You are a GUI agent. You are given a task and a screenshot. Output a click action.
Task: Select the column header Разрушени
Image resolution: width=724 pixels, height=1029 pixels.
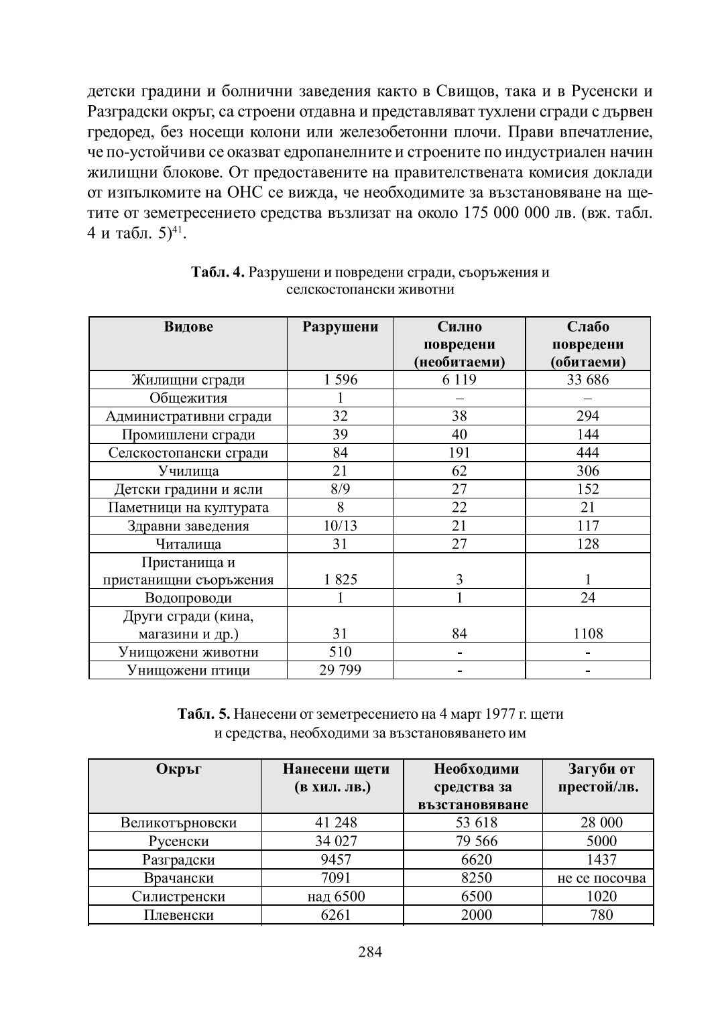[x=340, y=327]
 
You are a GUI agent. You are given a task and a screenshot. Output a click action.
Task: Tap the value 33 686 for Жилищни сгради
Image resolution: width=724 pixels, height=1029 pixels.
[x=587, y=380]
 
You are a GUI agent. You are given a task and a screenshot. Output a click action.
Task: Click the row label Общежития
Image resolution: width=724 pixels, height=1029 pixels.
[x=188, y=398]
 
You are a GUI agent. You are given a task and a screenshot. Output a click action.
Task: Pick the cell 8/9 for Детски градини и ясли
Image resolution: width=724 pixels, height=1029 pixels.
[x=340, y=489]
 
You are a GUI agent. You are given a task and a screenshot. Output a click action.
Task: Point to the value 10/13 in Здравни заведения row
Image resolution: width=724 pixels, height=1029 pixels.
[x=340, y=526]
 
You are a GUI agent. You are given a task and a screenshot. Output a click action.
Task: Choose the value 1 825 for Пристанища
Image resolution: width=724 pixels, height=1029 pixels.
[x=340, y=579]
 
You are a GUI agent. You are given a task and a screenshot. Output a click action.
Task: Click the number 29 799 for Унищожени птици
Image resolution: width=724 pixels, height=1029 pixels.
[x=340, y=670]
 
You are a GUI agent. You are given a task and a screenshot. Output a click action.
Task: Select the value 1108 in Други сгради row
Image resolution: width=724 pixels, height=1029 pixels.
[x=587, y=634]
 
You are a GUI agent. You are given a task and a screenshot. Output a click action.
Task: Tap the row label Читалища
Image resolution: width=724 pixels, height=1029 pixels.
[x=188, y=544]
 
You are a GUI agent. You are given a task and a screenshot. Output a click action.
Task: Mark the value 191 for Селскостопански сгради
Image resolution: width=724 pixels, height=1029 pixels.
[x=459, y=453]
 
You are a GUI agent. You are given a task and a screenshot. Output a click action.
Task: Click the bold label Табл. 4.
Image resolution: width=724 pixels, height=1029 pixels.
[x=218, y=273]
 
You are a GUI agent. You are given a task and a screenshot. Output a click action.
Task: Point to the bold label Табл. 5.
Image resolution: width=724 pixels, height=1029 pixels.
[x=204, y=714]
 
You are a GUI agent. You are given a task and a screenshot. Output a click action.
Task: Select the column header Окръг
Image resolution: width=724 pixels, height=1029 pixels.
[x=178, y=769]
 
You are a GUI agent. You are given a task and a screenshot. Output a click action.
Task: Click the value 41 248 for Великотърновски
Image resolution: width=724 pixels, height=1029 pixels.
[x=336, y=823]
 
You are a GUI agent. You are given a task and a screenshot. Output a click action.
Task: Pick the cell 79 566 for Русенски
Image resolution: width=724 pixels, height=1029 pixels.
[x=476, y=841]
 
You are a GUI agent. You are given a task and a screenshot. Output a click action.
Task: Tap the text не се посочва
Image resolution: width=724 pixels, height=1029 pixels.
[x=601, y=878]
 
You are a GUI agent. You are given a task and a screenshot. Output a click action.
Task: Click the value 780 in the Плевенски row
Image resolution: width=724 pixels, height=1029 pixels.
[x=601, y=914]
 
